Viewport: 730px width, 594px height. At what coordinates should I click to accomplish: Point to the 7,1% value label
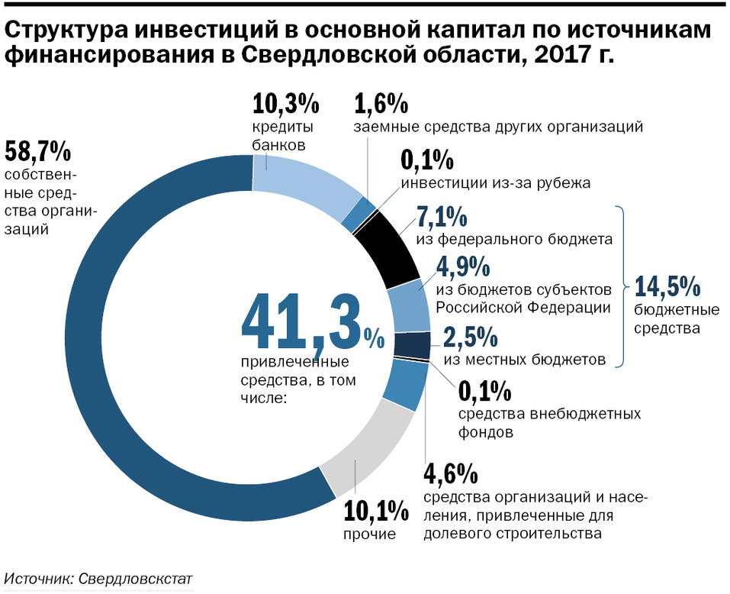click(442, 218)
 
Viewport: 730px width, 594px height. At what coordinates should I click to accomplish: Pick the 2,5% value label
click(471, 337)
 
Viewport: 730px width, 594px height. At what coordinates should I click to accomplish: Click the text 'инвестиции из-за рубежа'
click(496, 183)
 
